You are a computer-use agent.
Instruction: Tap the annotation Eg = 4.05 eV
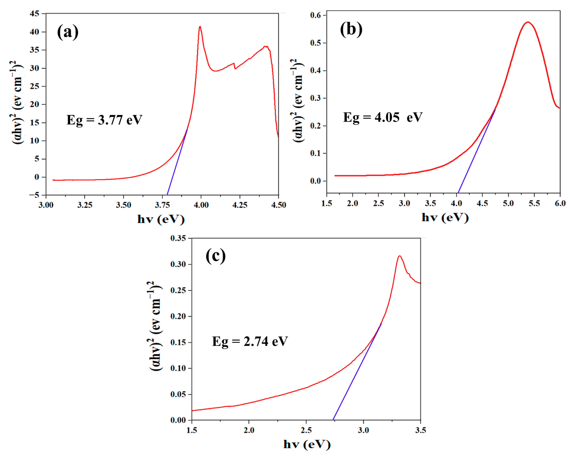click(x=383, y=117)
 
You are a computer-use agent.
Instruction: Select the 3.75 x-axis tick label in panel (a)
click(x=162, y=205)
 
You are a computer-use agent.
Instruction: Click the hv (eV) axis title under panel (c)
click(x=307, y=445)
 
